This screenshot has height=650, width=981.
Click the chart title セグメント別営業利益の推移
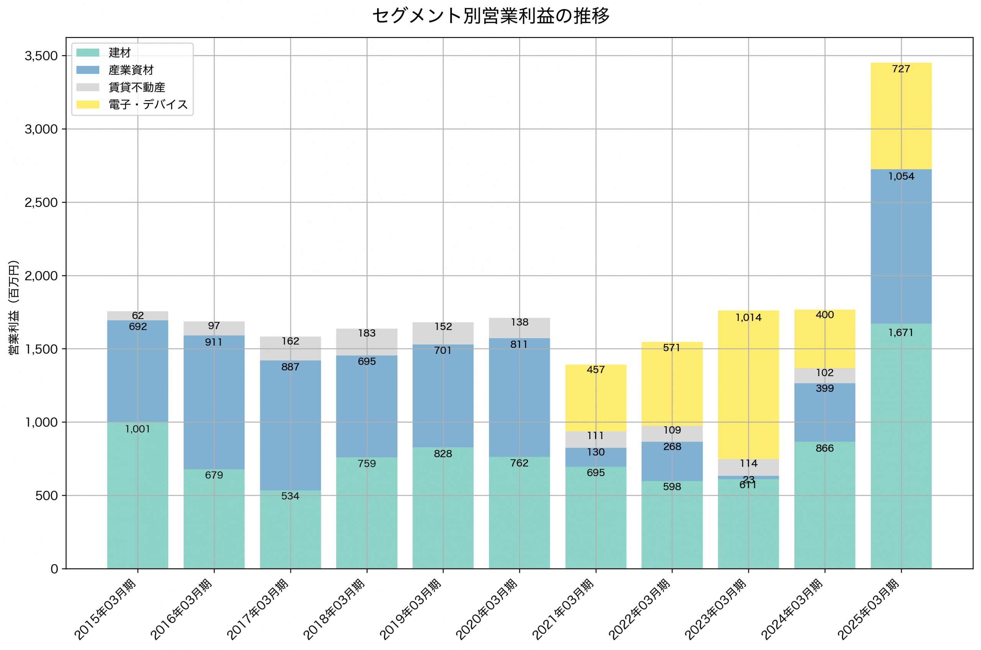[490, 16]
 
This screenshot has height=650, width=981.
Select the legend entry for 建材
[120, 52]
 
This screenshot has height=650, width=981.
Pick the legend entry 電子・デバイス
[148, 105]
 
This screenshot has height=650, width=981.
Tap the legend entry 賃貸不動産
[136, 87]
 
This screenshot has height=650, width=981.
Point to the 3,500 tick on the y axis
[41, 56]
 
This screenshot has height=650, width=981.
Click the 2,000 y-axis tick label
[41, 276]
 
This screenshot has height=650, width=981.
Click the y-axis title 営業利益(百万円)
[14, 307]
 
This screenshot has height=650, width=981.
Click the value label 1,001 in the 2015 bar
[138, 429]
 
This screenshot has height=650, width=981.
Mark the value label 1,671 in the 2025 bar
[901, 332]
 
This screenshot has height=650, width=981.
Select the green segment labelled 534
[290, 530]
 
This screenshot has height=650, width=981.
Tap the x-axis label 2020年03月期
[487, 609]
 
